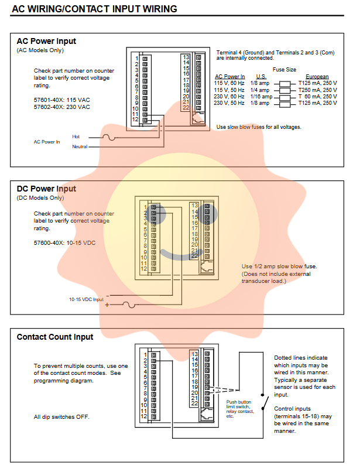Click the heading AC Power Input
click(x=46, y=42)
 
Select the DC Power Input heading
click(x=46, y=189)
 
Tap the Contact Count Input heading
click(x=54, y=337)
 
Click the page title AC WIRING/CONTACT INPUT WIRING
click(x=94, y=9)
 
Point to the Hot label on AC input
click(x=76, y=136)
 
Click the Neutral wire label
click(x=80, y=146)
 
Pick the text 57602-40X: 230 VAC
click(x=62, y=107)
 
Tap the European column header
click(x=317, y=77)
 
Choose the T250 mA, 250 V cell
click(x=317, y=90)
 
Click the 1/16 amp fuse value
click(x=261, y=97)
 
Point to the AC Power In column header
click(x=230, y=77)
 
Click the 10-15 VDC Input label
click(x=86, y=299)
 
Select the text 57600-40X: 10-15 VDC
click(x=64, y=242)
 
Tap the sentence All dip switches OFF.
click(x=61, y=417)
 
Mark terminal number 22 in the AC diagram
click(x=186, y=108)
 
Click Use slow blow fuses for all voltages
click(x=259, y=127)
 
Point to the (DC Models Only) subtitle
click(x=40, y=198)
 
